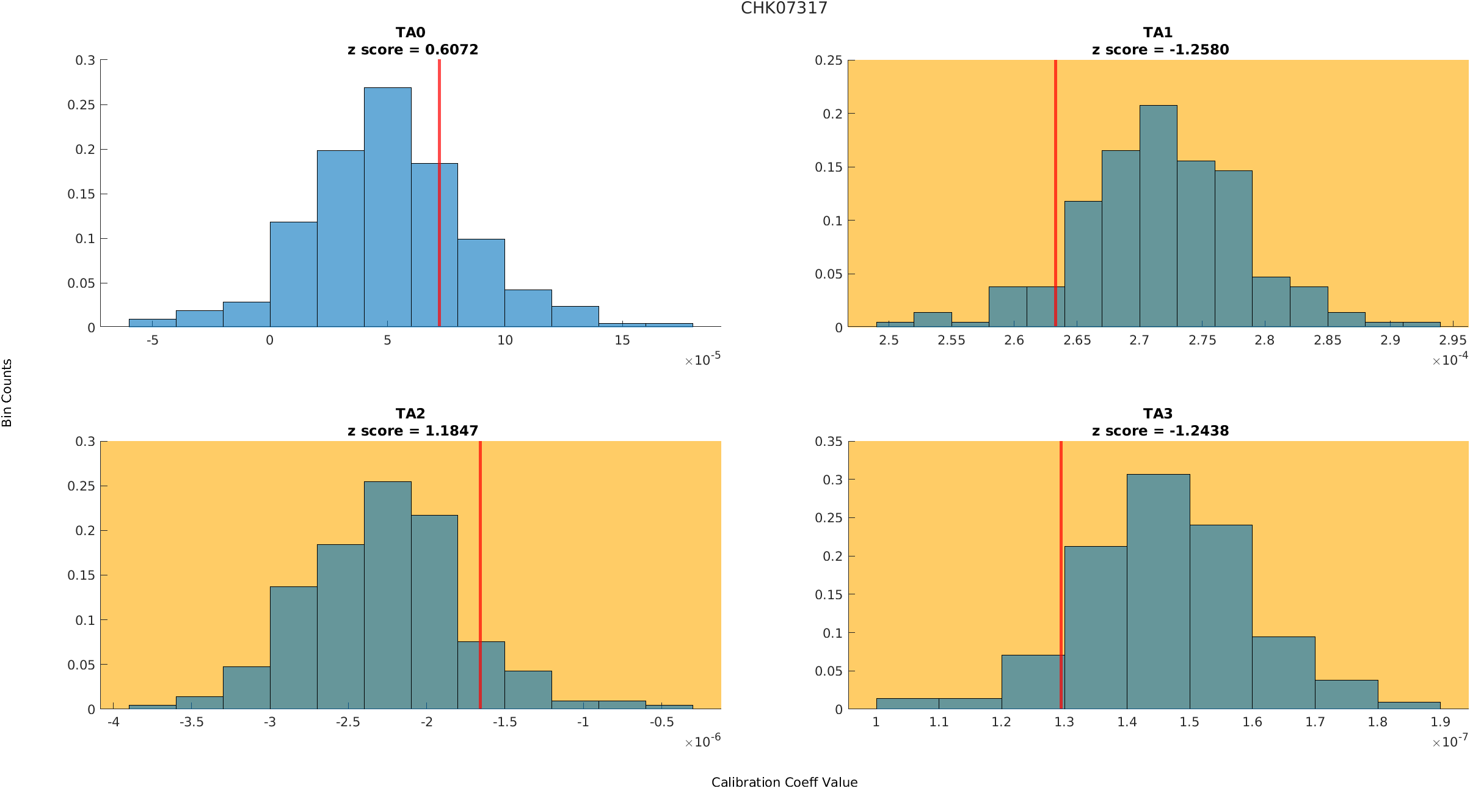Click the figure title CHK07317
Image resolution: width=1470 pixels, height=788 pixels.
[x=784, y=8]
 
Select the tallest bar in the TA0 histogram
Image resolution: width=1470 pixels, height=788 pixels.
[x=387, y=207]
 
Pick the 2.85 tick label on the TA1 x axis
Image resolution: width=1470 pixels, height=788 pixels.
[x=1327, y=340]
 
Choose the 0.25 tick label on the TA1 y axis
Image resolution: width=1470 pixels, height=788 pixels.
[x=828, y=60]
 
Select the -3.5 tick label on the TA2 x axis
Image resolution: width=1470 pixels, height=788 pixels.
[x=191, y=722]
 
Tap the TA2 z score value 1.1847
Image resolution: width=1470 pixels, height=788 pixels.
[x=451, y=431]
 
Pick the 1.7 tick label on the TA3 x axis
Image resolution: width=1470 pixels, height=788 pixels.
[x=1315, y=722]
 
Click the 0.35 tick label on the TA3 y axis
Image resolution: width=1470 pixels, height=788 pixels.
[x=828, y=442]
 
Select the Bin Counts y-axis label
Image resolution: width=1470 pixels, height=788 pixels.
[x=7, y=393]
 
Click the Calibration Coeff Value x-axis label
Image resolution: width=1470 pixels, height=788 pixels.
[x=784, y=782]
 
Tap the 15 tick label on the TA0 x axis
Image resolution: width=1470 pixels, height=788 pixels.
[x=622, y=340]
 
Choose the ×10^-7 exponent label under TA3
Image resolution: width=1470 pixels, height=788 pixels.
[x=1450, y=742]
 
